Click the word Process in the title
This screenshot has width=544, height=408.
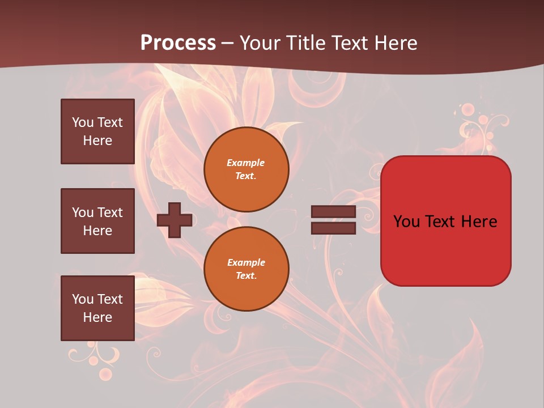point(178,43)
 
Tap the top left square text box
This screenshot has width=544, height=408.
point(97,131)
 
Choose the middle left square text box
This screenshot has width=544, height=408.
point(97,221)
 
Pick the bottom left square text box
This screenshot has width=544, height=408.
point(97,308)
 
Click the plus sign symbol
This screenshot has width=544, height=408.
point(175,220)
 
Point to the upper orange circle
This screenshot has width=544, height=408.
point(246,169)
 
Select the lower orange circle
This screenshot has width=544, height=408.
point(246,269)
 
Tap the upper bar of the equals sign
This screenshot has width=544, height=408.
point(333,212)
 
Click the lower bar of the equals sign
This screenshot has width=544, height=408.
point(333,228)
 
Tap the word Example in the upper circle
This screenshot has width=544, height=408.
point(245,163)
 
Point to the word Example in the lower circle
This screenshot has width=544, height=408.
point(246,262)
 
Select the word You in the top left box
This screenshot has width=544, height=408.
point(82,122)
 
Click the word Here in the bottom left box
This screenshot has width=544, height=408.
point(97,317)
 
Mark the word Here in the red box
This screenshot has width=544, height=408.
point(479,222)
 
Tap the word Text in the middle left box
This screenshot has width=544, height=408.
point(110,212)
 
